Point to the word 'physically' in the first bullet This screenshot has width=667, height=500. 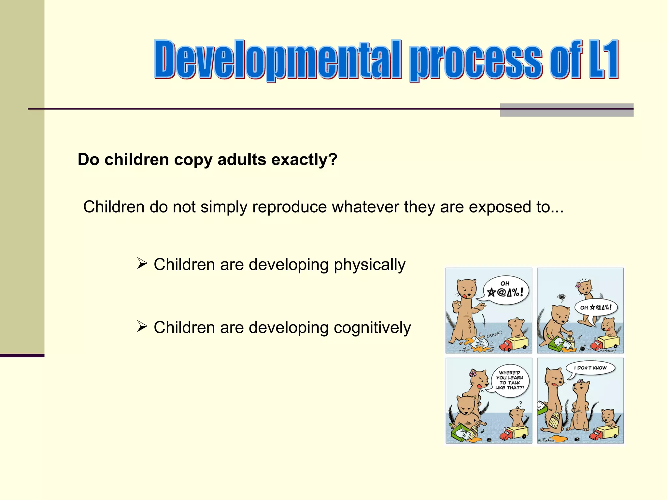click(x=369, y=265)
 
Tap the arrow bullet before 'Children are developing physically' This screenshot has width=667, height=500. click(x=142, y=263)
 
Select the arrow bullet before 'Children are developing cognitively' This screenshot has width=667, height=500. click(x=142, y=326)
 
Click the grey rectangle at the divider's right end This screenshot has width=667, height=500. click(x=567, y=110)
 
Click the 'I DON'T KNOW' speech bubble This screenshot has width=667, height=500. click(x=590, y=368)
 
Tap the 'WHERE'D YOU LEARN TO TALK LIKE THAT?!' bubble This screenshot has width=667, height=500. click(x=510, y=381)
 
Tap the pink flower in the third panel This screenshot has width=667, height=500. click(x=473, y=373)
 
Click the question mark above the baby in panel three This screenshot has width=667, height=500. click(x=520, y=404)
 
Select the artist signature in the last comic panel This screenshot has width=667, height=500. click(x=546, y=440)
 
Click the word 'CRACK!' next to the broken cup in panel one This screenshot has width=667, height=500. click(x=494, y=334)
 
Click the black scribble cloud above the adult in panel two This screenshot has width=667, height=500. click(x=561, y=297)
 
